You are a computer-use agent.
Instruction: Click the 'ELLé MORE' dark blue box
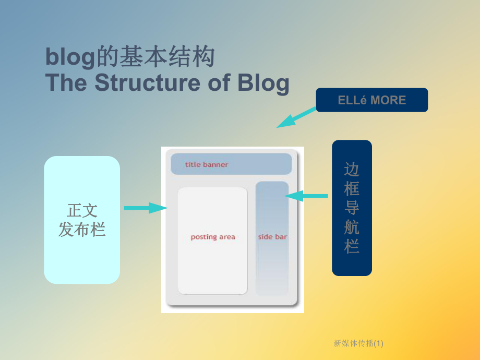point(371,100)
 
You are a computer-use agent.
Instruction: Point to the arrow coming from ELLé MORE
point(296,117)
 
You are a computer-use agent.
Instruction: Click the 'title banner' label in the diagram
point(207,164)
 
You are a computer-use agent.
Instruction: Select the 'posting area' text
point(213,237)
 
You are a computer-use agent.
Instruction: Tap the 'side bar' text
point(272,237)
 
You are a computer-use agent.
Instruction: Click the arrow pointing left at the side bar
point(306,196)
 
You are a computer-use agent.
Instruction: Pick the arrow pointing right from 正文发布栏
point(145,208)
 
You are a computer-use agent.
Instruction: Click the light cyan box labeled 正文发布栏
point(82,220)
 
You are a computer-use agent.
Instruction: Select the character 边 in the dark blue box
point(352,170)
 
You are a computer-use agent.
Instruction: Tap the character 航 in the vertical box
point(352,227)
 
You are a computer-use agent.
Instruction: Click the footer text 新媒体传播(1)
point(358,343)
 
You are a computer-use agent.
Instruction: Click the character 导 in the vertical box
point(352,208)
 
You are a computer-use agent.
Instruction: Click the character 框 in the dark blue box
point(352,188)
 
